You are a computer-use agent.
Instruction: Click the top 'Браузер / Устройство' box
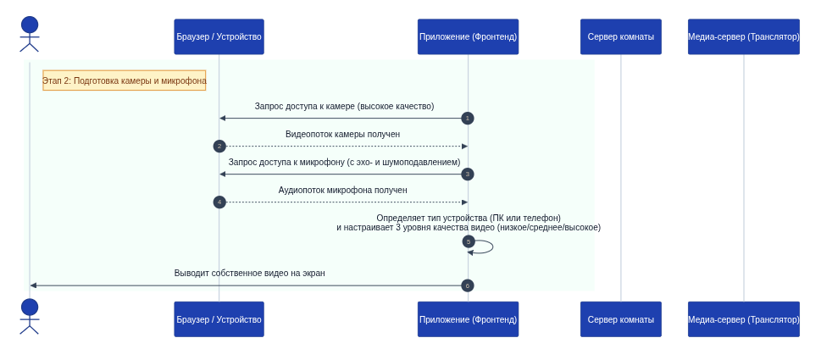(219, 36)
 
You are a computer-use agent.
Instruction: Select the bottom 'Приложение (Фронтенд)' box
(468, 319)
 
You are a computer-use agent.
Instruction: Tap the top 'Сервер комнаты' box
(620, 36)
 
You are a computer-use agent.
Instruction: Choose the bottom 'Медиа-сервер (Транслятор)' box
(744, 319)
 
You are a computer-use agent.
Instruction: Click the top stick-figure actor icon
(30, 34)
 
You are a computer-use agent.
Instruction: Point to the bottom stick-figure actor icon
(30, 317)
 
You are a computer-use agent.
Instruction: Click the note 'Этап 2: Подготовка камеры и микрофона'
(124, 80)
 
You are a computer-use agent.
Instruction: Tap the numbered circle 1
(468, 119)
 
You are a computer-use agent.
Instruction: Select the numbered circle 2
(219, 146)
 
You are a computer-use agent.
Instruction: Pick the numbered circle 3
(468, 174)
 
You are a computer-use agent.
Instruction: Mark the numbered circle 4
(219, 202)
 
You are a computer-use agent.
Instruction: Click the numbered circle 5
(469, 241)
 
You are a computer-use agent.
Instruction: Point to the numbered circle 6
(468, 285)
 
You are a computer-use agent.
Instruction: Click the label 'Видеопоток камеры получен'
(343, 135)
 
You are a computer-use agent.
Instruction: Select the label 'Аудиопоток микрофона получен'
(343, 191)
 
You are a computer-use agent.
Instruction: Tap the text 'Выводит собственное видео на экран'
(249, 273)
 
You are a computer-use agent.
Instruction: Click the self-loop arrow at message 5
(492, 246)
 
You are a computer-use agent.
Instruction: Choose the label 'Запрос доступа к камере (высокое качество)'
(345, 106)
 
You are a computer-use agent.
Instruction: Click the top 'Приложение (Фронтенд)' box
(468, 36)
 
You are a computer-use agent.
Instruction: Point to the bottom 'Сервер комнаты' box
(620, 319)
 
